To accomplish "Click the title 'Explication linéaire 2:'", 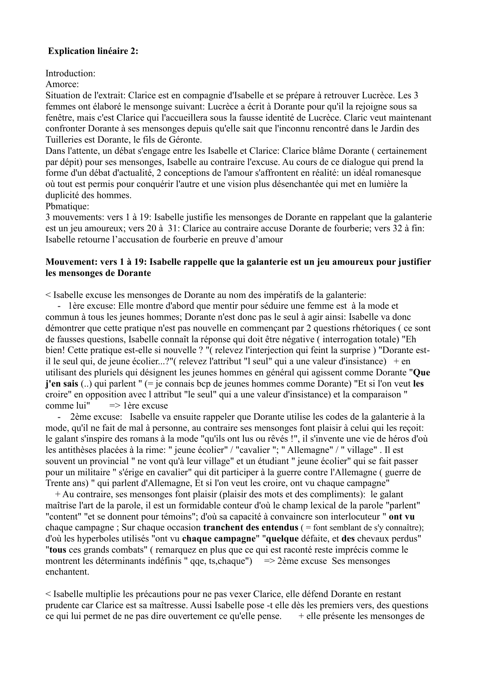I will [93, 51].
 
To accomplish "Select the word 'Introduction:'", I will [70, 73].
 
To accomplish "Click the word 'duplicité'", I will [62, 195].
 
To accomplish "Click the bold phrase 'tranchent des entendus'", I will [250, 528].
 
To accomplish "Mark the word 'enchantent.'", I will [67, 572].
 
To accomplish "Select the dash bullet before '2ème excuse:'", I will [59, 417].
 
